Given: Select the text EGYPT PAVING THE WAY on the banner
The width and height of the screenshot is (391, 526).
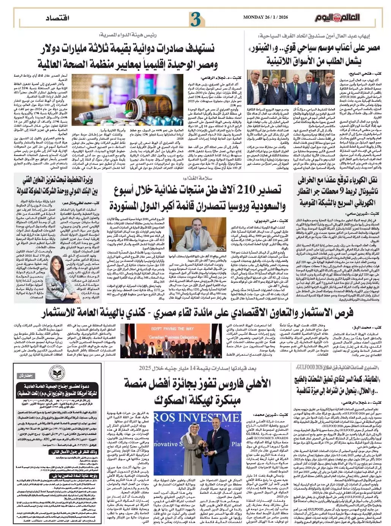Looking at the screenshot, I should coord(173,329).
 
